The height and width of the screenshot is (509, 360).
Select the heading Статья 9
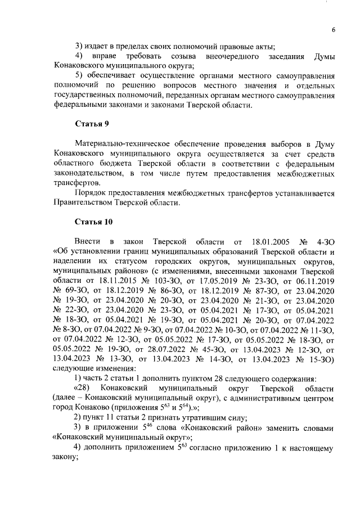click(92, 124)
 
